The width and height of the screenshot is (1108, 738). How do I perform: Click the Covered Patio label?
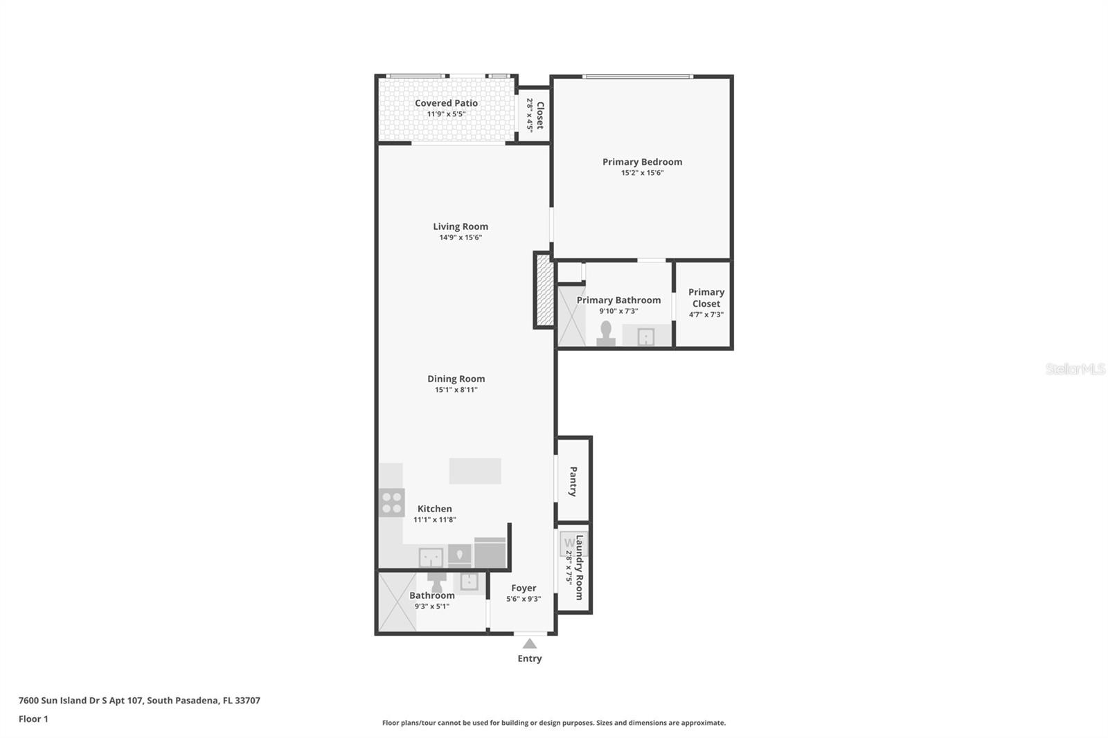pos(446,103)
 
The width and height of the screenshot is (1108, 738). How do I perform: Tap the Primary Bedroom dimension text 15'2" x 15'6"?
pos(642,173)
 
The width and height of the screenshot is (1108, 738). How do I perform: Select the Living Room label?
pos(461,226)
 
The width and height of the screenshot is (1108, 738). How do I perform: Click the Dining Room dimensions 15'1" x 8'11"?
pos(456,390)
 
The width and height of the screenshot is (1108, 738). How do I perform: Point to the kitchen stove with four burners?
pos(392,503)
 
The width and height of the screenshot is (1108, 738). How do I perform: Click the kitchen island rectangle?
pos(475,471)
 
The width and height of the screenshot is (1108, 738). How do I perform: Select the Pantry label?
pos(573,481)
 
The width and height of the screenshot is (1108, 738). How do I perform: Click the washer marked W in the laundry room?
pos(569,542)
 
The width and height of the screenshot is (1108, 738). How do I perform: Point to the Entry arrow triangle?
pos(530,644)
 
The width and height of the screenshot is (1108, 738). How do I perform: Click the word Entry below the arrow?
pos(530,658)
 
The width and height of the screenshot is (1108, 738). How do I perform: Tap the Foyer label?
pos(524,588)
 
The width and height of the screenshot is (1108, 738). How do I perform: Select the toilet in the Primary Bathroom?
pos(607,334)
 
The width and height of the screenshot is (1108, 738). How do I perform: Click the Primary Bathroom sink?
pos(645,337)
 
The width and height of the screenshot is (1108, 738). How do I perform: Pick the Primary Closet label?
pos(706,298)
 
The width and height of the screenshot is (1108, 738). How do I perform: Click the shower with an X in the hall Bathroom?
pos(397,602)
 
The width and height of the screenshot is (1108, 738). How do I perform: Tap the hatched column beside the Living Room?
pos(544,290)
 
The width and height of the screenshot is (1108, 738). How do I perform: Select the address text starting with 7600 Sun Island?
pos(139,700)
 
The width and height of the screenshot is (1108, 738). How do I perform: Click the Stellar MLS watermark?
pos(1075,369)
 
